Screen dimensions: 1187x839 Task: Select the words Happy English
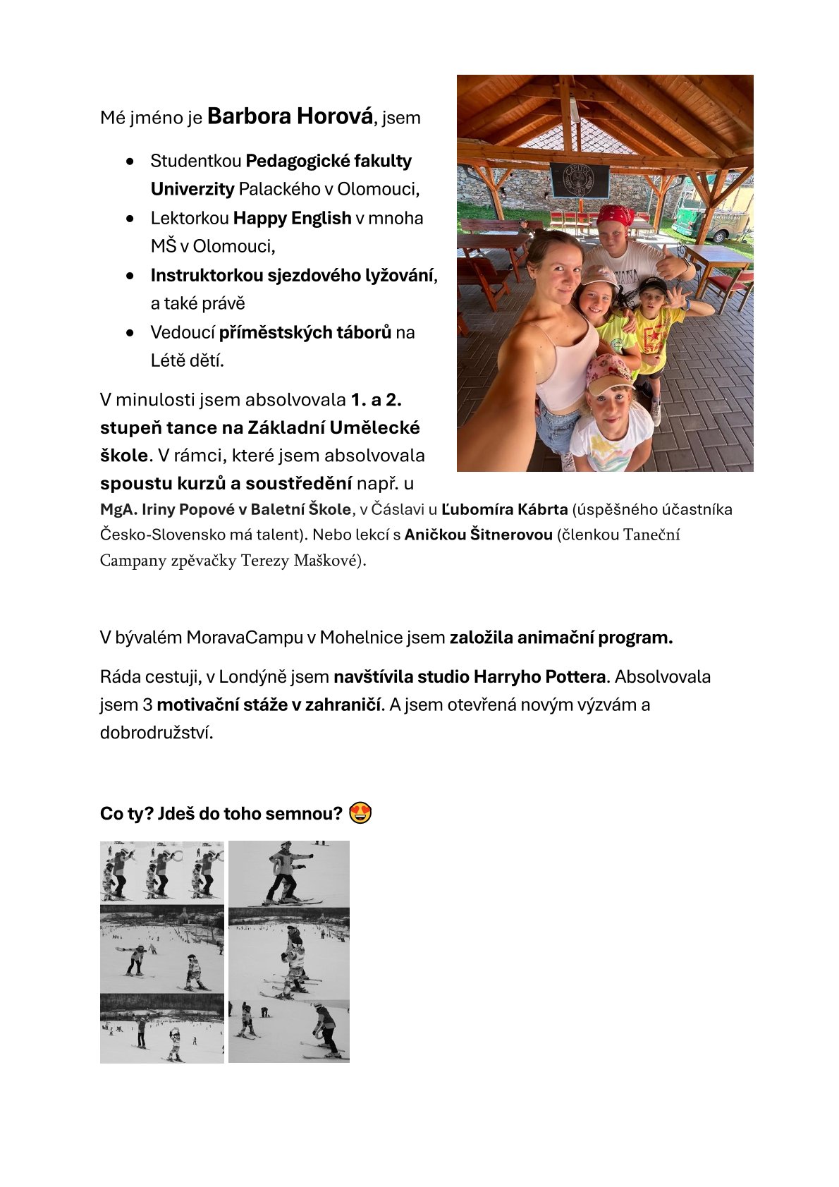click(292, 218)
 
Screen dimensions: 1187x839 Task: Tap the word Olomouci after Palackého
click(377, 189)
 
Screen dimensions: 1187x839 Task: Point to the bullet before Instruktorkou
click(130, 276)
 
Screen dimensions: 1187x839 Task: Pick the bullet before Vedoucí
click(130, 332)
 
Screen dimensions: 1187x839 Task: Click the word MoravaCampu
click(245, 638)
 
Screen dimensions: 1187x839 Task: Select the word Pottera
click(575, 676)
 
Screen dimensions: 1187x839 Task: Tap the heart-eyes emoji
click(360, 813)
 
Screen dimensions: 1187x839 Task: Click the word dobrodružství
click(157, 732)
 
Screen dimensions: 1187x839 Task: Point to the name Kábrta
click(541, 509)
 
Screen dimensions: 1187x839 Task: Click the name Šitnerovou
click(513, 535)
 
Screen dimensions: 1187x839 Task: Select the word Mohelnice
click(362, 638)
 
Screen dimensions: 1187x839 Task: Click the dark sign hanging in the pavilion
click(579, 179)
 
